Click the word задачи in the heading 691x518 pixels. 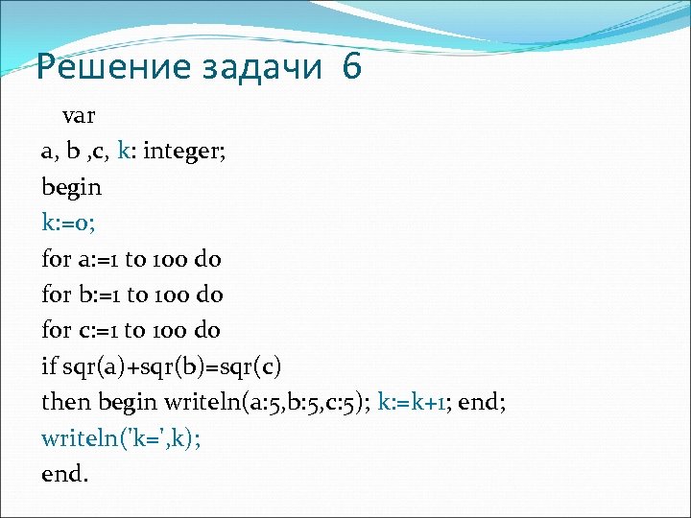tap(250, 67)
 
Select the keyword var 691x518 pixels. tap(79, 116)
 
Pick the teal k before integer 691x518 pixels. tap(124, 152)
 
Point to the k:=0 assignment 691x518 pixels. tap(66, 223)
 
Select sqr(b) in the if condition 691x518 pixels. tap(174, 366)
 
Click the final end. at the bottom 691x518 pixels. tap(64, 473)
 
